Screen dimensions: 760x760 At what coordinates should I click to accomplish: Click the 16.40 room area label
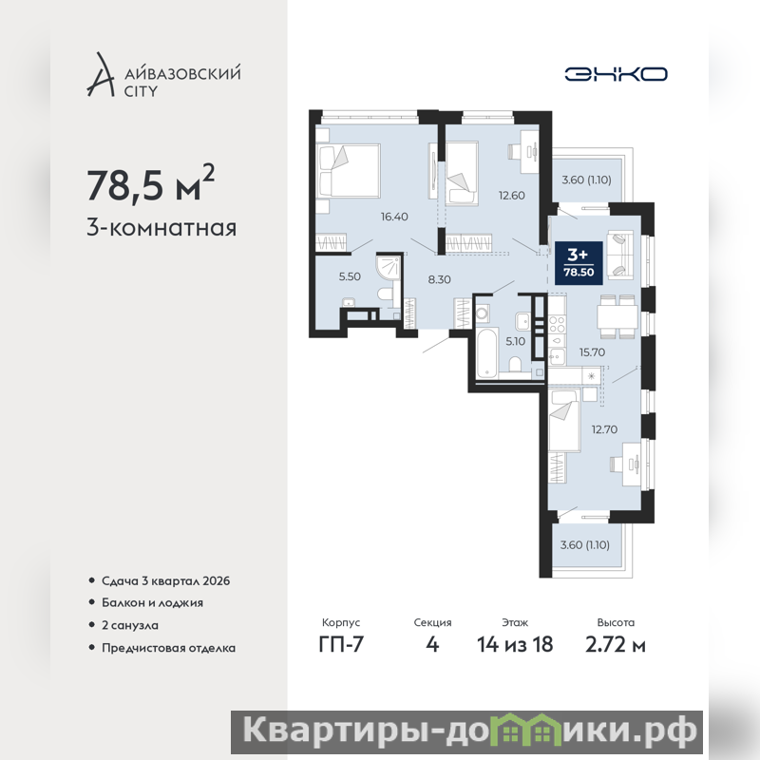[x=394, y=217]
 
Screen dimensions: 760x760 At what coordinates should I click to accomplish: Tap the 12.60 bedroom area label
[x=512, y=196]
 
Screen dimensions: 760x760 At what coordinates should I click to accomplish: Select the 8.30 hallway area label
[x=439, y=279]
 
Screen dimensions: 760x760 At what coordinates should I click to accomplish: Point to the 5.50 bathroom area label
[x=350, y=276]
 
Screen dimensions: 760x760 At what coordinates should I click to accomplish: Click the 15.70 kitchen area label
[x=592, y=352]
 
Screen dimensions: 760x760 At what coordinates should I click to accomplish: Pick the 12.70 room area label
[x=604, y=429]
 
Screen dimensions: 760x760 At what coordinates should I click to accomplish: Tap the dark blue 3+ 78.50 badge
[x=579, y=263]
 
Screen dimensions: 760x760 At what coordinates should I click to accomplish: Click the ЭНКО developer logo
[x=616, y=74]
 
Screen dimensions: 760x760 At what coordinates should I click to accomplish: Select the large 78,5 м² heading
[x=150, y=183]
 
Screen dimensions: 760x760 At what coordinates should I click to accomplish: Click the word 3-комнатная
[x=161, y=228]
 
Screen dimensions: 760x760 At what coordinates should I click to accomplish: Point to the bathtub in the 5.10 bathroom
[x=486, y=352]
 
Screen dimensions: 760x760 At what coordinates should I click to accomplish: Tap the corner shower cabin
[x=389, y=269]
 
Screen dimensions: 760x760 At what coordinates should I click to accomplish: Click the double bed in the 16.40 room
[x=348, y=171]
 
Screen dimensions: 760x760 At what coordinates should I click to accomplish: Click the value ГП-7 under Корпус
[x=341, y=644]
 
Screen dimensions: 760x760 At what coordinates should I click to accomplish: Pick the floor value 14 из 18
[x=515, y=644]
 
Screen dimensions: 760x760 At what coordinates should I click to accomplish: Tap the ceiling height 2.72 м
[x=616, y=644]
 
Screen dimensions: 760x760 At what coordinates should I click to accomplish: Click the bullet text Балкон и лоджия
[x=152, y=603]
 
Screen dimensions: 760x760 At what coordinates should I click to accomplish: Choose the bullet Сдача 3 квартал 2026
[x=165, y=580]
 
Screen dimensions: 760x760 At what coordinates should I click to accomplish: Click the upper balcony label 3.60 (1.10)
[x=586, y=180]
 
